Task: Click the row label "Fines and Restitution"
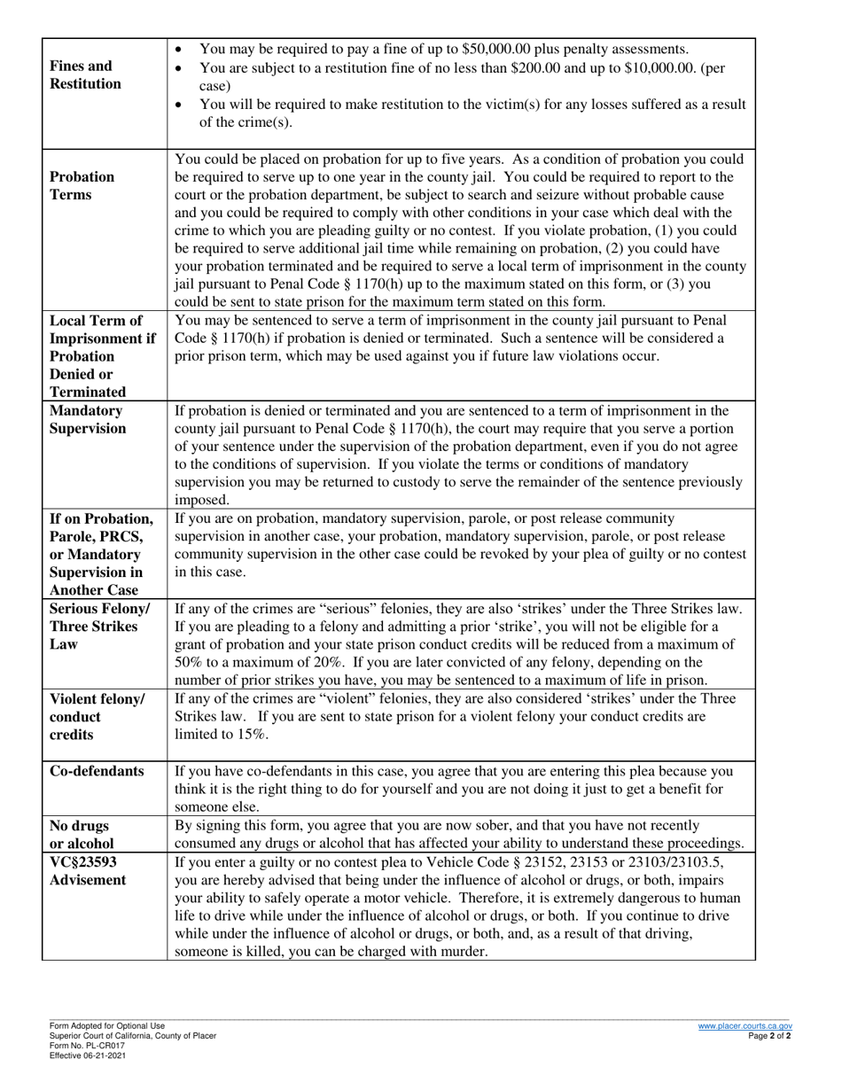coord(86,75)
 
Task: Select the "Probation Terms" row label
coord(82,185)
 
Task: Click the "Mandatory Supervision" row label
coord(88,420)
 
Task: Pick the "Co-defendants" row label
coord(97,771)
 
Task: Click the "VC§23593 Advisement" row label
coord(88,870)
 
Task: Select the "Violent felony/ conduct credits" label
coord(97,716)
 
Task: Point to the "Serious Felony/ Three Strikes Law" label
coord(100,626)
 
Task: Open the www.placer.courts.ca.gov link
coord(744,1025)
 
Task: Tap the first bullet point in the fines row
coord(182,49)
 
